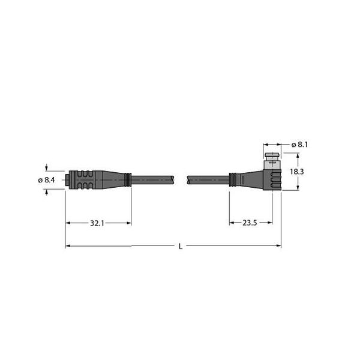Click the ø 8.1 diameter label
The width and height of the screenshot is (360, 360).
(300, 145)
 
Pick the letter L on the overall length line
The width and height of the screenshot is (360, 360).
(181, 246)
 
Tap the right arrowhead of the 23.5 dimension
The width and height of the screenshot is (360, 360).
(269, 223)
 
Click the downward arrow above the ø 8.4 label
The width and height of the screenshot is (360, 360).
(47, 168)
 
